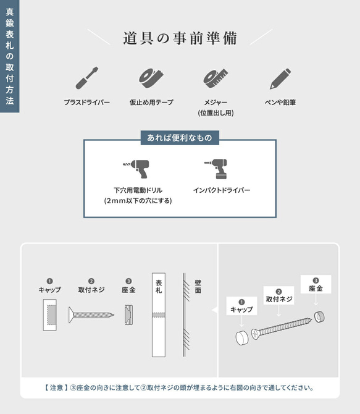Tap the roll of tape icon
[x=151, y=77]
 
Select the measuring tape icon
[x=215, y=77]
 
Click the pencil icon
[x=280, y=78]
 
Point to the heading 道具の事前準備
[x=180, y=38]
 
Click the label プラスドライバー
[x=86, y=102]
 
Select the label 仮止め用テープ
[x=151, y=102]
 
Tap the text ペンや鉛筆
[x=280, y=102]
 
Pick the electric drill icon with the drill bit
[x=135, y=168]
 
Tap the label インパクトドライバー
[x=221, y=190]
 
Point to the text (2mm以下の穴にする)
[x=138, y=201]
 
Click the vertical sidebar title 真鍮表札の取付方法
[x=9, y=56]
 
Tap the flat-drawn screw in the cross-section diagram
[x=91, y=315]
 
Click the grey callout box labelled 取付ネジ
[x=279, y=295]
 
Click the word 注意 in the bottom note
[x=56, y=388]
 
